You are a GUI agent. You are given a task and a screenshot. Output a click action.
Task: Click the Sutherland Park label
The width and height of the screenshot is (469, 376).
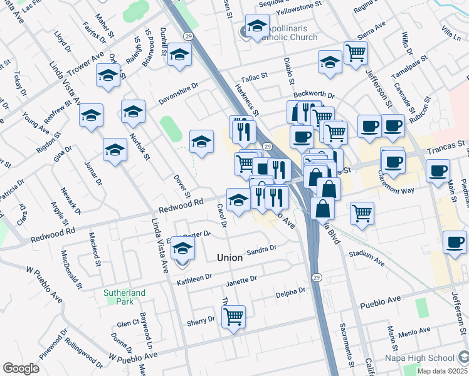[124, 297]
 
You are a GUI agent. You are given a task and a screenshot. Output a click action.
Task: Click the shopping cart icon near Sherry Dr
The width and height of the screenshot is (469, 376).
[233, 316]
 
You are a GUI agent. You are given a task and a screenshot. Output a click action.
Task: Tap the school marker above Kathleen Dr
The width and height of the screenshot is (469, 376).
[182, 249]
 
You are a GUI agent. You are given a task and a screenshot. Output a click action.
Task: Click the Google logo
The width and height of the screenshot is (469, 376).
[21, 368]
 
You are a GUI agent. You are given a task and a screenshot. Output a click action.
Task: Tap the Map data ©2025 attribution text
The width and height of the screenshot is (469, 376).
[438, 371]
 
